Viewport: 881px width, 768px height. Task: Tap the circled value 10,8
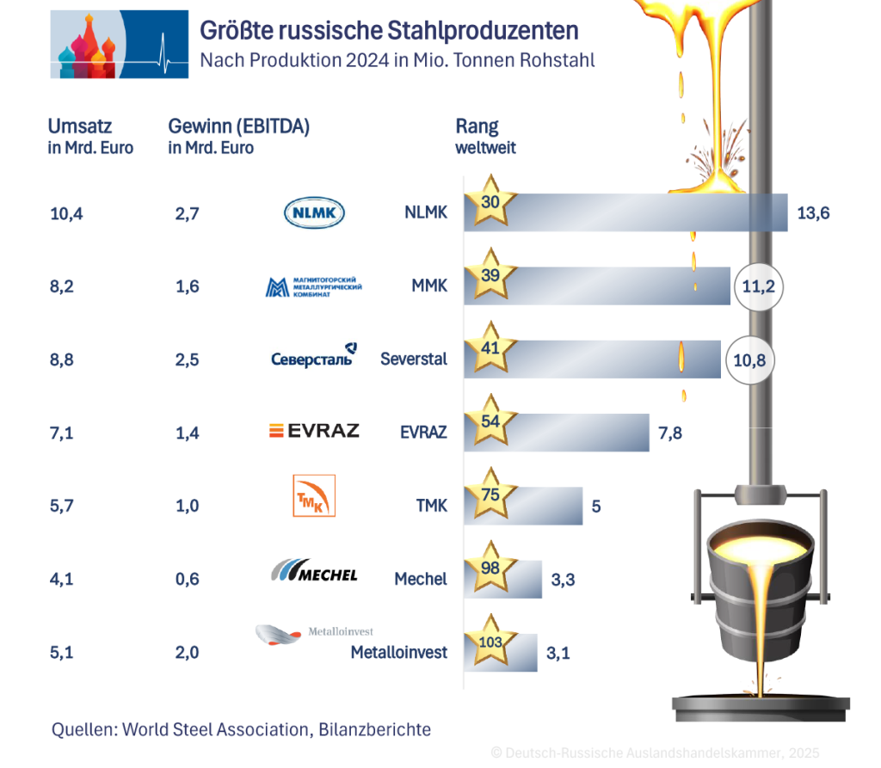tap(749, 359)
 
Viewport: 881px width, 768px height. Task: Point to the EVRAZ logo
tap(314, 431)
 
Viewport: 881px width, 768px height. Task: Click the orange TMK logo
tap(314, 495)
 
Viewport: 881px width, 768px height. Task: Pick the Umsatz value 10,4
tap(67, 213)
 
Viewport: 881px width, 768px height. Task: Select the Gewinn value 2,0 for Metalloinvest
tap(187, 652)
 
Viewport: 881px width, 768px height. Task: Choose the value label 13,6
tap(813, 213)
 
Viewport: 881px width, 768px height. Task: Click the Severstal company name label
tap(414, 359)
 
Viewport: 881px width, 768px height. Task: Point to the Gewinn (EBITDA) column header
tap(238, 126)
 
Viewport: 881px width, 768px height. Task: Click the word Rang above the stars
tap(477, 126)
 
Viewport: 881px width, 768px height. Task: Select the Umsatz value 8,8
tap(62, 359)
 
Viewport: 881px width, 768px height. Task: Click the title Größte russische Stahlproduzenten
tap(389, 31)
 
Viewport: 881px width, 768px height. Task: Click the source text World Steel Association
tap(214, 729)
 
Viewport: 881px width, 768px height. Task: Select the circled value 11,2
tap(758, 286)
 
